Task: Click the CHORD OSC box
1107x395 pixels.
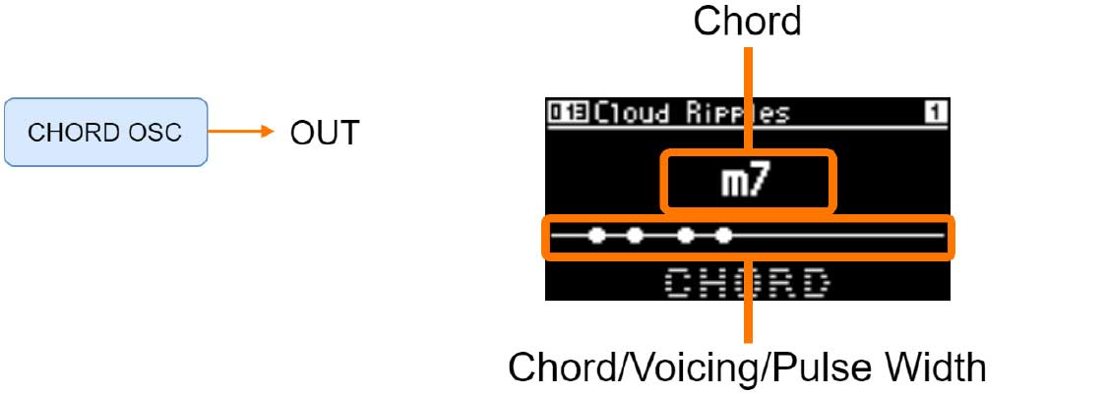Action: click(x=105, y=132)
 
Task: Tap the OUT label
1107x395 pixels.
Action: click(x=324, y=133)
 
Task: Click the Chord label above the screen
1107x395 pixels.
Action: click(x=747, y=23)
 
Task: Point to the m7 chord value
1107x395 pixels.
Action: click(x=749, y=181)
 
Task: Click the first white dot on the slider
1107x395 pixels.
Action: click(x=595, y=235)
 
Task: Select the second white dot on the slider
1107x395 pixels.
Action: click(x=635, y=235)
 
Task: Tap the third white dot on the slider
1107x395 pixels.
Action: click(x=685, y=235)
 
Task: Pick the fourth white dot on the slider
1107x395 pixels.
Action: click(x=724, y=235)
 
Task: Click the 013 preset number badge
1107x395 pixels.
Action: click(x=568, y=113)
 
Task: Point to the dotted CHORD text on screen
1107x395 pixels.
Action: click(x=747, y=283)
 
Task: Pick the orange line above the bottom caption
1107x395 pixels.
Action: click(x=750, y=305)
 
